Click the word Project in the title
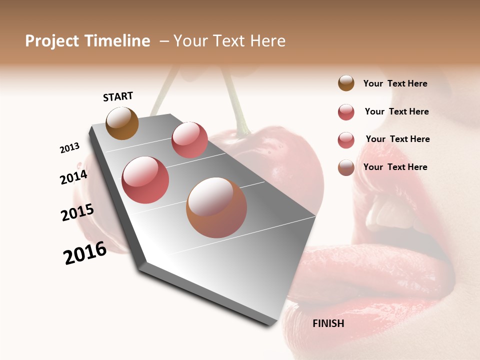click(52, 41)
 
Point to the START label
click(118, 96)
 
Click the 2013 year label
click(69, 148)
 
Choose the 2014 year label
click(73, 177)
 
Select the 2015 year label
click(77, 212)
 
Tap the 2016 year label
click(85, 253)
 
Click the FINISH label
click(328, 323)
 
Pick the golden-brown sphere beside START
click(122, 123)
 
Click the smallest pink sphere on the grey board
click(189, 140)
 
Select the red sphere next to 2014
click(145, 180)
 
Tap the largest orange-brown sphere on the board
click(216, 207)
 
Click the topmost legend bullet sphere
click(346, 83)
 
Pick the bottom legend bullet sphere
click(346, 167)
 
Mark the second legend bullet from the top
click(346, 112)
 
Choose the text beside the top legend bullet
click(395, 83)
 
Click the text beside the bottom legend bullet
click(395, 167)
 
